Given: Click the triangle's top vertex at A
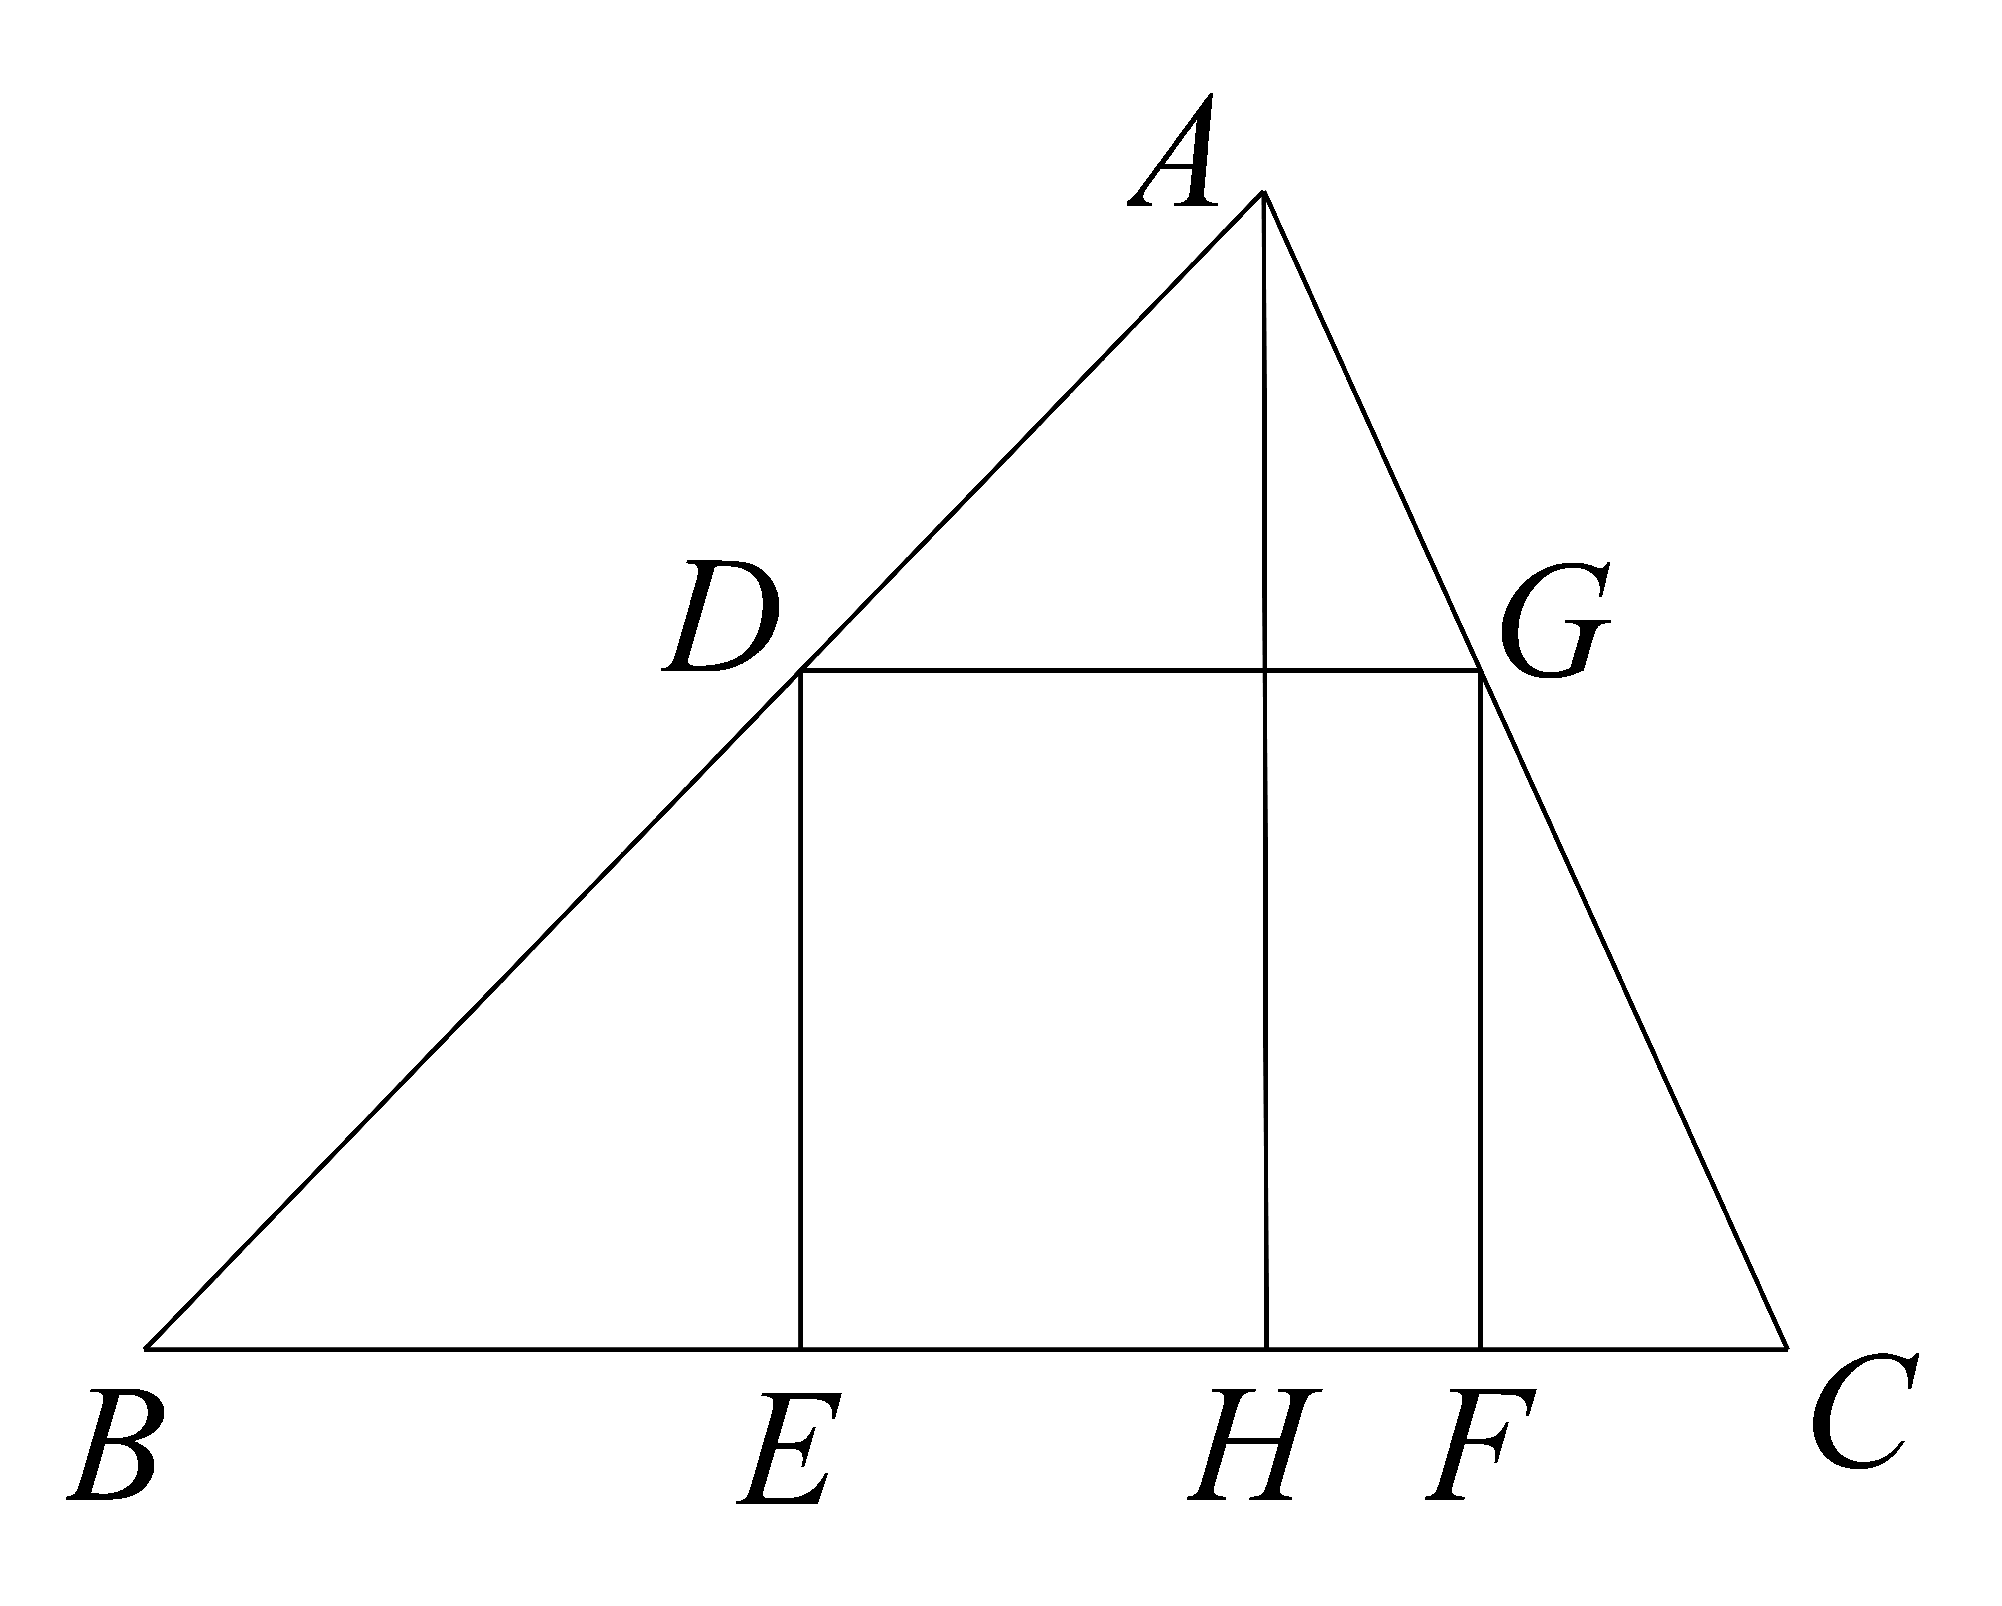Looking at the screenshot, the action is pos(1263,192).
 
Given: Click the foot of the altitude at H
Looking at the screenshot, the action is pos(1266,1348).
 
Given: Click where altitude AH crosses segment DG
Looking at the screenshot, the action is pos(1264,669).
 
